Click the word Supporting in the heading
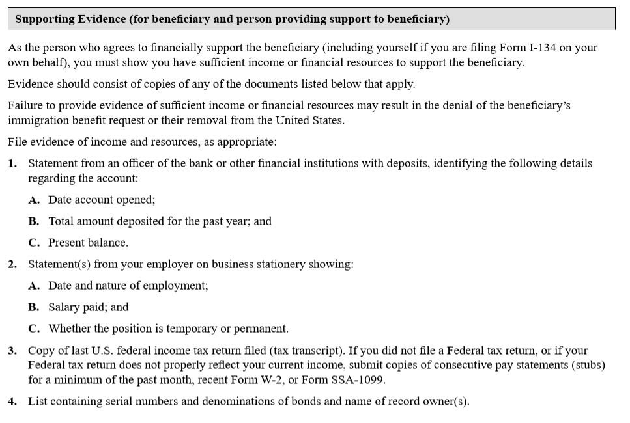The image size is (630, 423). [x=45, y=19]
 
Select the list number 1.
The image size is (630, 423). [x=12, y=163]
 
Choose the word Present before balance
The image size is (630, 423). [x=66, y=243]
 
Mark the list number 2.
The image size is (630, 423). [x=12, y=264]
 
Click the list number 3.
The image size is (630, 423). [x=12, y=351]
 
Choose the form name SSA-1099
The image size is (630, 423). [x=360, y=379]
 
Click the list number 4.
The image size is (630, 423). [x=12, y=402]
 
